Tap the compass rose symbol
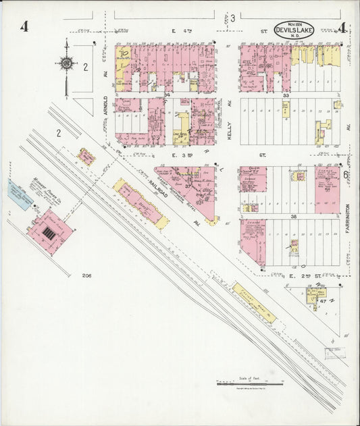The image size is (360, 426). point(66,63)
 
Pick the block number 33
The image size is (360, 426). point(286,96)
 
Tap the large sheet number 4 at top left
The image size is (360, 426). point(24,28)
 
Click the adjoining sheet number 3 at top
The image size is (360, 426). point(232,18)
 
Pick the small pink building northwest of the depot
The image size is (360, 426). point(86,157)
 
